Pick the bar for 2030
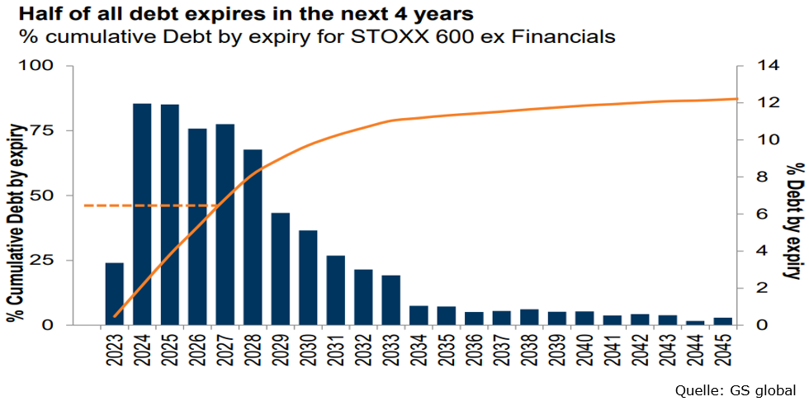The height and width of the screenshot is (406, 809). [x=308, y=277]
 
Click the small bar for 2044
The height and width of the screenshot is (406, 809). [x=696, y=322]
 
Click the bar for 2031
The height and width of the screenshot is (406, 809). [x=336, y=290]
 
